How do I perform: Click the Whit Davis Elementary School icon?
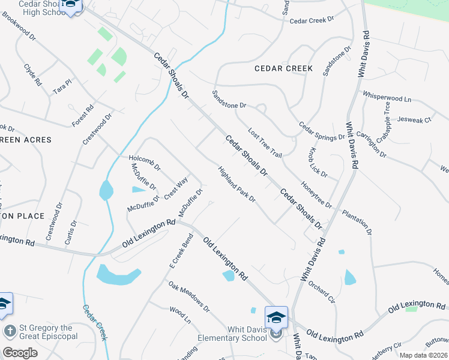click(276, 317)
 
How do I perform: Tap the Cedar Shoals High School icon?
click(71, 7)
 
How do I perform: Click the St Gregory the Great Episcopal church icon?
click(10, 331)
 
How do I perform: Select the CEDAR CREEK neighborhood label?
click(283, 68)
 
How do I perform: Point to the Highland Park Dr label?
click(237, 184)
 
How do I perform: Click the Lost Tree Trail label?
click(265, 143)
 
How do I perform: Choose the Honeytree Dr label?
click(316, 195)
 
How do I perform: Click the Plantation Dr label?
click(357, 222)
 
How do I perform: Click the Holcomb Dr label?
click(145, 163)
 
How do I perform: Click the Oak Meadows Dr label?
click(188, 297)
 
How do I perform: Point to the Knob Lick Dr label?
click(318, 161)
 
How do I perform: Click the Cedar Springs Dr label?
click(322, 130)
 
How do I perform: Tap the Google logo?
click(20, 353)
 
